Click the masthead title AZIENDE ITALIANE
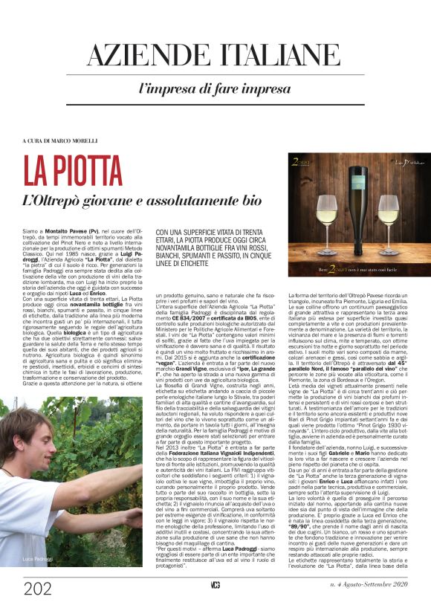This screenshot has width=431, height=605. pos(215,56)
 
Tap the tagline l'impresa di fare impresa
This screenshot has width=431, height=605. pos(215,88)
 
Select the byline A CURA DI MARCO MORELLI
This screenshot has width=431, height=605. pos(59,140)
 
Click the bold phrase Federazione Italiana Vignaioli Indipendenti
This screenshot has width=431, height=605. pos(208,450)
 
